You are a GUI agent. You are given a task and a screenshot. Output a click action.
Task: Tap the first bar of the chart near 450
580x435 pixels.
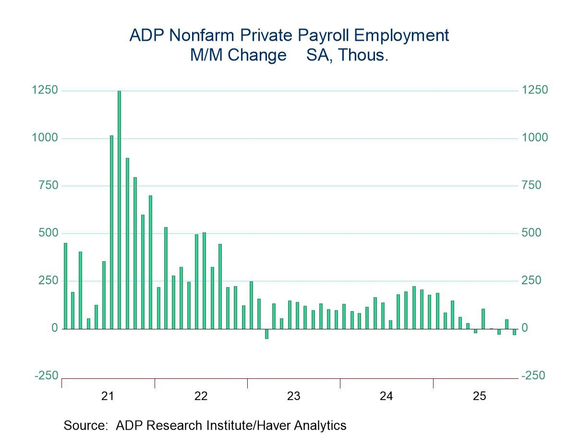click(65, 286)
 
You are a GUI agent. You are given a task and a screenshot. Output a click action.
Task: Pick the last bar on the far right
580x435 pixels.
click(514, 332)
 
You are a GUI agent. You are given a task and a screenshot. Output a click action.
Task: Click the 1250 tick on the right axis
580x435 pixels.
click(534, 90)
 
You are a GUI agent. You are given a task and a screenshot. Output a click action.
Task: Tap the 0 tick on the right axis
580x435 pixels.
click(525, 328)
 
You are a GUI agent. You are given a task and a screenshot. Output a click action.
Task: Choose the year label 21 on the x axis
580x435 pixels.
click(108, 396)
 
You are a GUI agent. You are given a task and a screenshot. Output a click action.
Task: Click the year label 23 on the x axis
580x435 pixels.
click(293, 396)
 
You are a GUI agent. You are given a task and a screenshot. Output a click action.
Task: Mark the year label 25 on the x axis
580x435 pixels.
click(479, 396)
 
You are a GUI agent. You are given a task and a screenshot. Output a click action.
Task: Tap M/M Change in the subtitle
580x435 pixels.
click(238, 55)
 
